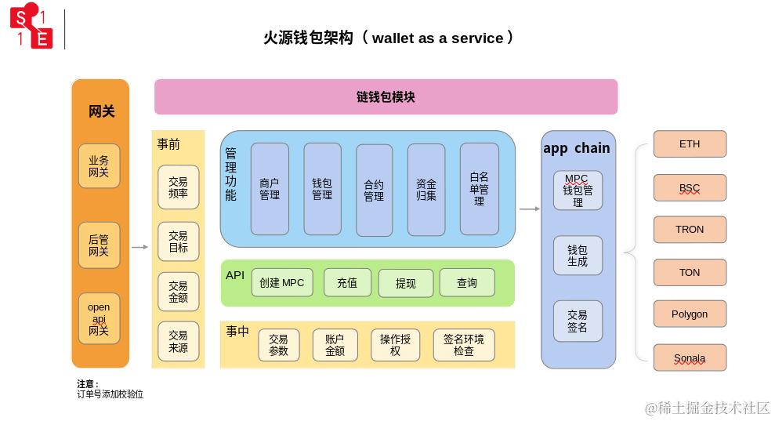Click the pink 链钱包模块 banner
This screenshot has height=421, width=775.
tap(386, 97)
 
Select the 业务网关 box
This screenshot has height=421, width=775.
tap(99, 166)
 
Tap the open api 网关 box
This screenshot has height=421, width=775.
tap(99, 318)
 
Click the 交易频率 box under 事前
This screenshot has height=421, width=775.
tap(178, 187)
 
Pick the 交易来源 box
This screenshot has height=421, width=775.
tap(178, 341)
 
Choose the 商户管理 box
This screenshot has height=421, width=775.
tap(270, 189)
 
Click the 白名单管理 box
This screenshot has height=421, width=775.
tap(479, 189)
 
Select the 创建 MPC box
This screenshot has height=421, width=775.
tap(282, 283)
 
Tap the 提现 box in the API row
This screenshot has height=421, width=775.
tap(405, 284)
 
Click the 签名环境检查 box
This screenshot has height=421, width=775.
tap(463, 345)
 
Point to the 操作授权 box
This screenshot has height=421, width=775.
tap(395, 345)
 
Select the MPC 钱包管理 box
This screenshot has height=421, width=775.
tap(578, 191)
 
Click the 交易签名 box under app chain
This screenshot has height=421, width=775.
tap(578, 321)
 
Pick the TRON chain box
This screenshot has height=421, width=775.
tap(690, 230)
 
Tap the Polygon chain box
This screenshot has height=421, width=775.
tap(690, 314)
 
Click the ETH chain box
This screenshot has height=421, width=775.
tap(690, 144)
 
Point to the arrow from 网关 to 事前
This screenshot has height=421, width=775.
tap(139, 248)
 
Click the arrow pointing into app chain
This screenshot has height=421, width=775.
tap(529, 209)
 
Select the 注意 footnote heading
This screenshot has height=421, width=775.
tap(88, 384)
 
